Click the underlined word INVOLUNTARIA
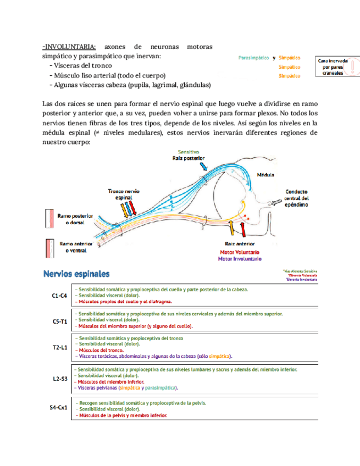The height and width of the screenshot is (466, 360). (70, 46)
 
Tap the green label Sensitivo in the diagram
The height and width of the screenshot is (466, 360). (189, 151)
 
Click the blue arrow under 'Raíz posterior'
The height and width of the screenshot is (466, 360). (204, 165)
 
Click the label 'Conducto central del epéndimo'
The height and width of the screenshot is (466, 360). (297, 198)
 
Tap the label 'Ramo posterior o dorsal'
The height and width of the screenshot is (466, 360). (75, 219)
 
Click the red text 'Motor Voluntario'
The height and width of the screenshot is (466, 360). (239, 252)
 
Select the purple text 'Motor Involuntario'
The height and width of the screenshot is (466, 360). (240, 258)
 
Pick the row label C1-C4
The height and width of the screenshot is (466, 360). (59, 296)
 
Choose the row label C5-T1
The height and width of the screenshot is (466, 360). (59, 321)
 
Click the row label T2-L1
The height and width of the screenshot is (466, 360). (59, 347)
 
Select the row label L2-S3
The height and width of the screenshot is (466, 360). (59, 379)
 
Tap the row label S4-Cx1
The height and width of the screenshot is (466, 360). (59, 408)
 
